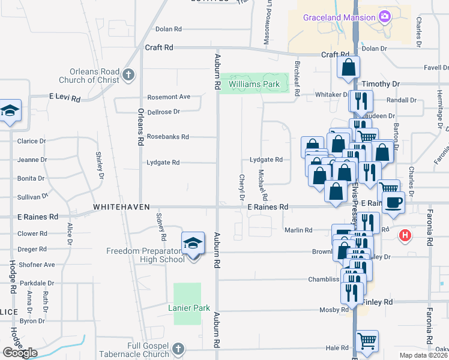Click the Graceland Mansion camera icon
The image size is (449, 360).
click(x=382, y=18)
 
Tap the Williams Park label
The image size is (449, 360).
click(x=254, y=85)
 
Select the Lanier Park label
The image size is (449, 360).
click(x=193, y=308)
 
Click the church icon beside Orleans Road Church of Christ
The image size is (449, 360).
click(x=127, y=75)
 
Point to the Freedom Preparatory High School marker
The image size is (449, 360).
click(x=193, y=244)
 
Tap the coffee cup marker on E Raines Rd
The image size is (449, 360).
click(x=393, y=202)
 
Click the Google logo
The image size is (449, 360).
click(x=20, y=352)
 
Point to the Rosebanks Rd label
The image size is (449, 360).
click(x=168, y=137)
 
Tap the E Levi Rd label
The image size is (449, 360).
click(x=65, y=97)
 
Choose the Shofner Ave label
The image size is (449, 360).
click(x=37, y=265)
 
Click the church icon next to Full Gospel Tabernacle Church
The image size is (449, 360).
click(x=178, y=349)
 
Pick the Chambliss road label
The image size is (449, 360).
click(x=325, y=280)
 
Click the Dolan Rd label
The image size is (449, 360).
click(x=168, y=29)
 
